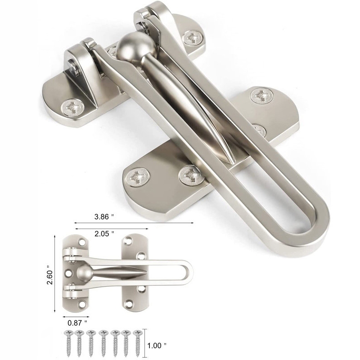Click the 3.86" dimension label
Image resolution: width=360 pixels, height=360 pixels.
[104, 217]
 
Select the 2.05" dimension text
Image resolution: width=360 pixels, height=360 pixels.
[104, 234]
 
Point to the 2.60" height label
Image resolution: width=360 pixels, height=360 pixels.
[50, 275]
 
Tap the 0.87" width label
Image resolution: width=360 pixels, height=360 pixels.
[77, 323]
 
